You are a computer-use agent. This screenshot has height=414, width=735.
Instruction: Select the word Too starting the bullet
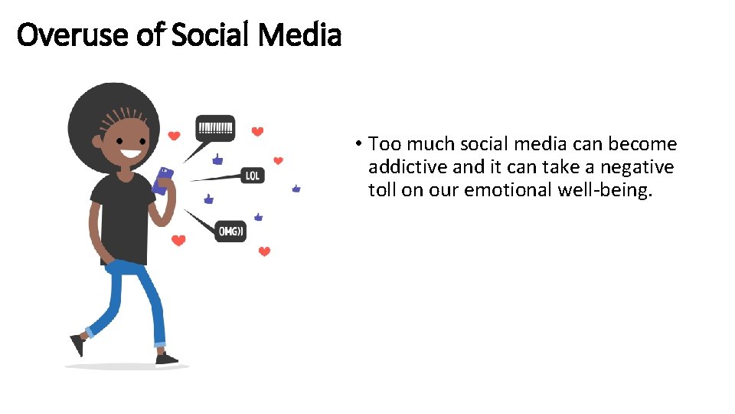[381, 144]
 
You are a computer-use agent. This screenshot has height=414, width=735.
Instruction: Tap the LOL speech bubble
[253, 176]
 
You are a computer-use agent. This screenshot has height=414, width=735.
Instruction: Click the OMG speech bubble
[230, 230]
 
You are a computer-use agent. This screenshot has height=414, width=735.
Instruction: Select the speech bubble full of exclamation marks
[216, 127]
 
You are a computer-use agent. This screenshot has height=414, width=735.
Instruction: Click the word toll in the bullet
[382, 190]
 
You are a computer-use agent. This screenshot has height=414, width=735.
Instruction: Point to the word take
[541, 167]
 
